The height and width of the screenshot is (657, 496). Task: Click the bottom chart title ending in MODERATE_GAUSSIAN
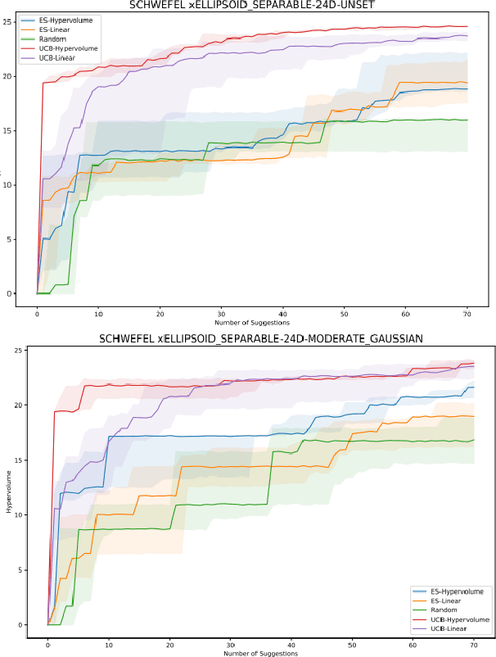[261, 339]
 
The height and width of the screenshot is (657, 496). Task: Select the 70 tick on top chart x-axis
[466, 314]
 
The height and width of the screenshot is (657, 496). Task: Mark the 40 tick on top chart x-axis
[282, 314]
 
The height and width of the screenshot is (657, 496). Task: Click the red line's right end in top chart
[467, 27]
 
